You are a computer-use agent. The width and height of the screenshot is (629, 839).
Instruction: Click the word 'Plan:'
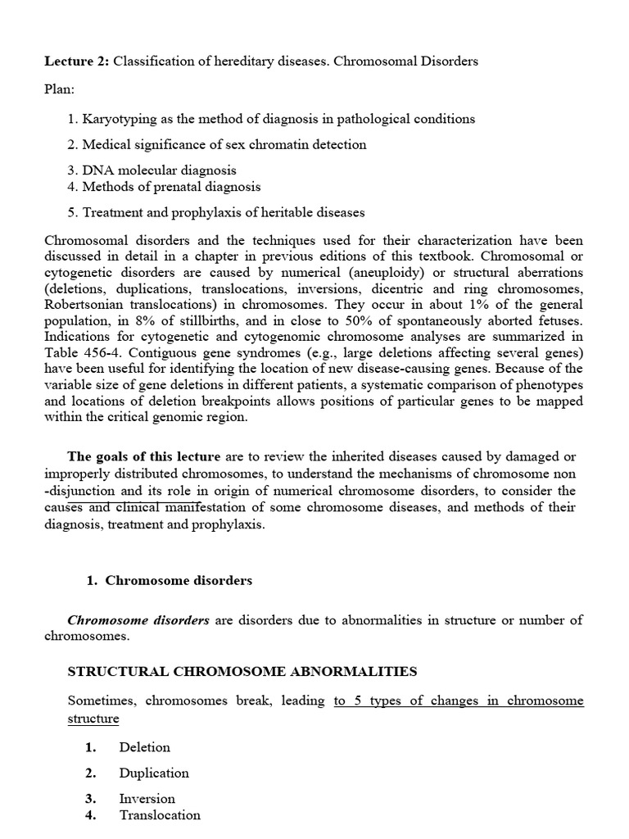tap(60, 88)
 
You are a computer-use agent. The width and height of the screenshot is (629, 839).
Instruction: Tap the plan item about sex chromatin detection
tap(217, 144)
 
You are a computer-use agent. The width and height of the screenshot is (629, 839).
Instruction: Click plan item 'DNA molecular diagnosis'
tap(152, 170)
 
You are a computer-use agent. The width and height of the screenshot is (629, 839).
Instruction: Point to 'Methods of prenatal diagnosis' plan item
tap(164, 187)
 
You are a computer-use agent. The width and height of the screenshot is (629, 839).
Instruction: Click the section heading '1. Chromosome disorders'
tap(170, 581)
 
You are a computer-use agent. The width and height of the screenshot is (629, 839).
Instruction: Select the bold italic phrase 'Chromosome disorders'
tap(138, 620)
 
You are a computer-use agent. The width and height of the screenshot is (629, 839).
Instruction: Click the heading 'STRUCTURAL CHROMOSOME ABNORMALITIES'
tap(242, 672)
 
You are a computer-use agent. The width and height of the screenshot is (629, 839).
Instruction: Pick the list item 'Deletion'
tap(144, 747)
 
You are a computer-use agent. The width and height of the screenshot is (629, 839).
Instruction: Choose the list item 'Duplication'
tap(153, 773)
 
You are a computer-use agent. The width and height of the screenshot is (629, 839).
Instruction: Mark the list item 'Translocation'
tap(160, 814)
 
